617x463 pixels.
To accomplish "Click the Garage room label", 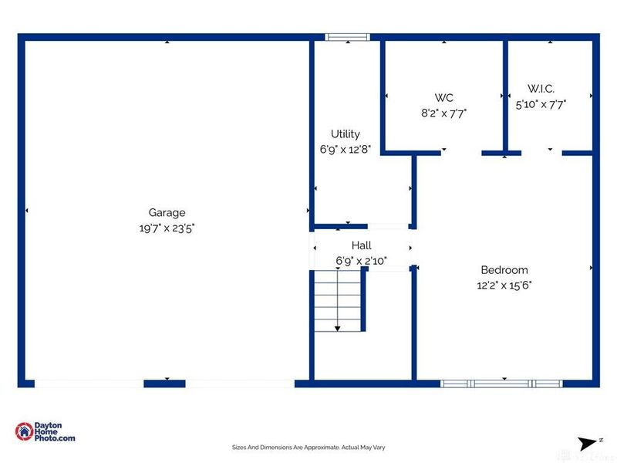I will (x=167, y=213).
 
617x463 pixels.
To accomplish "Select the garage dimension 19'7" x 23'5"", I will (x=167, y=228).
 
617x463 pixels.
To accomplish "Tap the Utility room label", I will (x=346, y=134).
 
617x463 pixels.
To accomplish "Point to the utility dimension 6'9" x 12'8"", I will (x=346, y=150).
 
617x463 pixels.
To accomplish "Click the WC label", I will (x=443, y=97).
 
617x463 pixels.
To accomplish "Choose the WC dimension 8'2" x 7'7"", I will (x=443, y=113).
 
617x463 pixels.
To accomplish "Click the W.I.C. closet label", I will (x=541, y=89).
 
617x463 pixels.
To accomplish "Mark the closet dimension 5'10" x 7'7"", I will (x=541, y=104).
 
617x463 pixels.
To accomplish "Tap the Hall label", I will (x=361, y=245).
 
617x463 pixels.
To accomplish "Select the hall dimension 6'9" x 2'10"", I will (x=361, y=261).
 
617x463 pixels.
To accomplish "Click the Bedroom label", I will (x=504, y=270).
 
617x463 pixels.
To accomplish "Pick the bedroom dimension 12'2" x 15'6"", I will (x=504, y=285).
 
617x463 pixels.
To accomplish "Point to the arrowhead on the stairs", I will (x=337, y=329).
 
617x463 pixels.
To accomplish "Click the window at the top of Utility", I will (x=347, y=36).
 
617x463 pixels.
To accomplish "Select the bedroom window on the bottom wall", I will (x=501, y=383).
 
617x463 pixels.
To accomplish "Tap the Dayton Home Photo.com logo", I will (x=46, y=432).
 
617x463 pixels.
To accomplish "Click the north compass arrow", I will (x=588, y=444).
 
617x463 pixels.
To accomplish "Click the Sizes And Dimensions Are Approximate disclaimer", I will (x=308, y=447).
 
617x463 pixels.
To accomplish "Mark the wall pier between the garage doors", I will (x=164, y=383).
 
